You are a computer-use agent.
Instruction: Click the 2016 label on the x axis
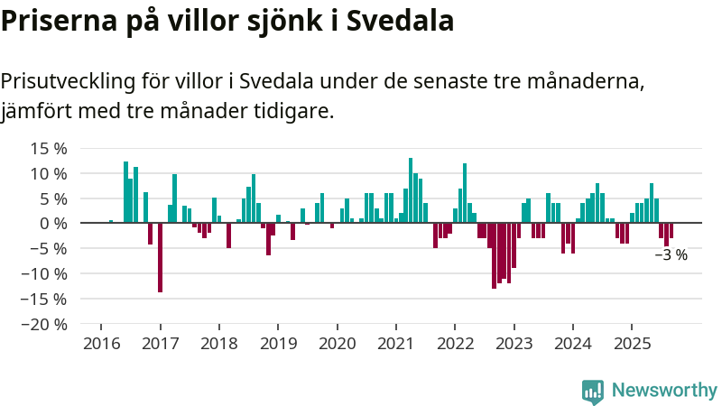[x=100, y=344]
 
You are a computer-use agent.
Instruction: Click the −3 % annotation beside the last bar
[x=671, y=255]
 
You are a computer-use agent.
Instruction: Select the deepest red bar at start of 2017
[x=160, y=257]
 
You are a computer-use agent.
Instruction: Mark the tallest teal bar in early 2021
[x=411, y=190]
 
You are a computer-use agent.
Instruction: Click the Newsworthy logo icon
[x=593, y=391]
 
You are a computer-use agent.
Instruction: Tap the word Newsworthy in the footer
[x=664, y=391]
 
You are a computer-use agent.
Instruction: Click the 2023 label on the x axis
[x=514, y=344]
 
